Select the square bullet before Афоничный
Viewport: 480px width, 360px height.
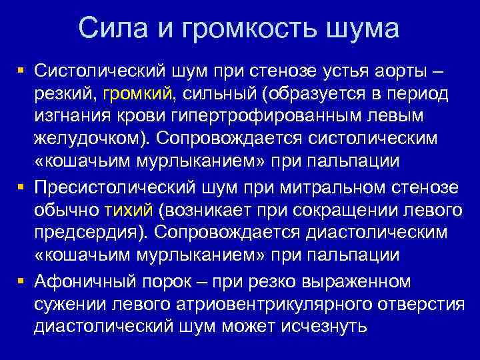pos(22,280)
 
